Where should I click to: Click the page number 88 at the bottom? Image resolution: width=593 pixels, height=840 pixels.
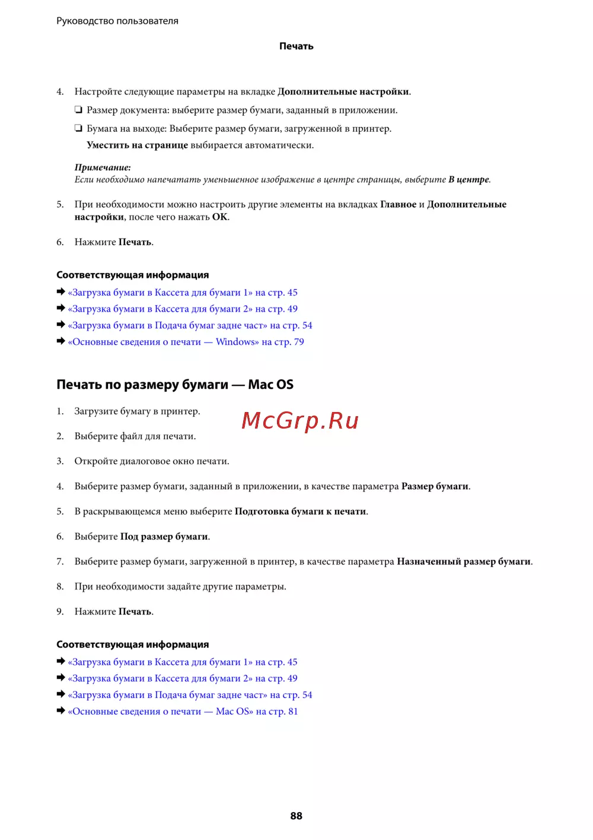296,816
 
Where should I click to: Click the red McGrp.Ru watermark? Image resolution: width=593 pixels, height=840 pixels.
300,420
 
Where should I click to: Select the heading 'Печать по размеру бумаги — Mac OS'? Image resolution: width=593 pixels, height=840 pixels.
175,385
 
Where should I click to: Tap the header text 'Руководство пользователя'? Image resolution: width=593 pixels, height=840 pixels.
117,21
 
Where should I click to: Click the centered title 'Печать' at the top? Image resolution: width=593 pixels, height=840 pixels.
296,46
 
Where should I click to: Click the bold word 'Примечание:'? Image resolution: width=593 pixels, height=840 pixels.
103,167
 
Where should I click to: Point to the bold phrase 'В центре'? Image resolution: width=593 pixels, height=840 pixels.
468,179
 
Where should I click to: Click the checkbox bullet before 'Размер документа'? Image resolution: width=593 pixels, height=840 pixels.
78,110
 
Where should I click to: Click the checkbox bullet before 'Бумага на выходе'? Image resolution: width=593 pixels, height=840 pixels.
78,128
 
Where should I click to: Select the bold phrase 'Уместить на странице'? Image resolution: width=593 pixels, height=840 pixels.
137,145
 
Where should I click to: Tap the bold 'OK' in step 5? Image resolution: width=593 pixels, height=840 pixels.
219,217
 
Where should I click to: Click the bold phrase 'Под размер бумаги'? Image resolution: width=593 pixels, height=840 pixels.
164,537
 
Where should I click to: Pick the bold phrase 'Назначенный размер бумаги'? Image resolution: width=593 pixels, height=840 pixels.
463,562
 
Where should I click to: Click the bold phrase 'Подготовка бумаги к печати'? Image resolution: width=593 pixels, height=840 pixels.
300,512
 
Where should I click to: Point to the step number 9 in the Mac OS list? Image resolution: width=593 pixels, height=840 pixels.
60,611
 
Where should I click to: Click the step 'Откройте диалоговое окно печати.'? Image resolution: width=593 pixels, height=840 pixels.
151,461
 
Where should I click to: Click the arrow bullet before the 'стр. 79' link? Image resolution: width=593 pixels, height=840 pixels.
60,341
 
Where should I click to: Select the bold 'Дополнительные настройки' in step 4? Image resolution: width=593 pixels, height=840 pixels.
343,91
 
